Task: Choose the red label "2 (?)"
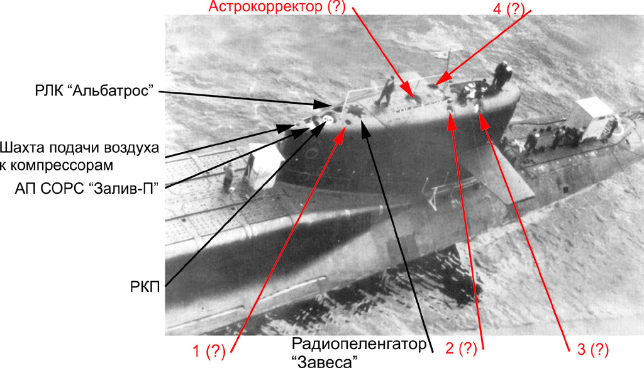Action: click(460, 347)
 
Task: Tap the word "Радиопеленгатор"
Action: click(362, 344)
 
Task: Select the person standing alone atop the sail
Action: click(386, 90)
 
